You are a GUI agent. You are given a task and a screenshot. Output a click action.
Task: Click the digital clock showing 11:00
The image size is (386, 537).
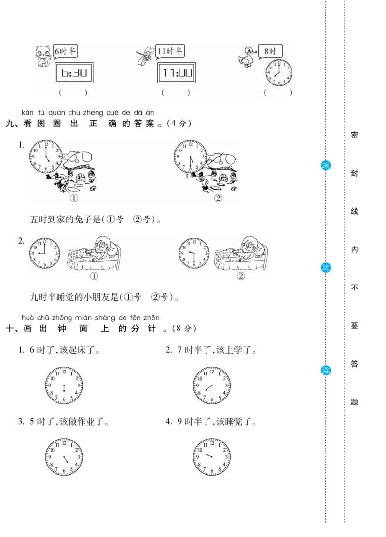pos(177,73)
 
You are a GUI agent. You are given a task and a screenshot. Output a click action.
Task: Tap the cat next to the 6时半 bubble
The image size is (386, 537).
pos(43,56)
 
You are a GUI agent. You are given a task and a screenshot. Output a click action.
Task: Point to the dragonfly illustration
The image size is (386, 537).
pos(146,55)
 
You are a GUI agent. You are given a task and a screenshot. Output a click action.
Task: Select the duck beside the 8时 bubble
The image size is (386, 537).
pos(248,57)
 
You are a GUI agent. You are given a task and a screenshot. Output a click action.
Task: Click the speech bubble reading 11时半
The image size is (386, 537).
pos(170,51)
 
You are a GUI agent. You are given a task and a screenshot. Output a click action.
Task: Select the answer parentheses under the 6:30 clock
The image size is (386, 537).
pos(73,92)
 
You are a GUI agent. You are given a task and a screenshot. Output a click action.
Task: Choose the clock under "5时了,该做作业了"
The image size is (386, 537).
pos(64,456)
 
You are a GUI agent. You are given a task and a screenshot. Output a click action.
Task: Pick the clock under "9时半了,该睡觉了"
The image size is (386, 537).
pos(212,456)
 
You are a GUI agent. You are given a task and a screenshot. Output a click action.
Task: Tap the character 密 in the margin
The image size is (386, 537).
pos(354,135)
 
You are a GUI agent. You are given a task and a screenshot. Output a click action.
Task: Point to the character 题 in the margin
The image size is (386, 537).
pos(354,402)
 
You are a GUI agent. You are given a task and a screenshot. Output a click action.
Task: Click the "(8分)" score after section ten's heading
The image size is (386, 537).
pos(182,329)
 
